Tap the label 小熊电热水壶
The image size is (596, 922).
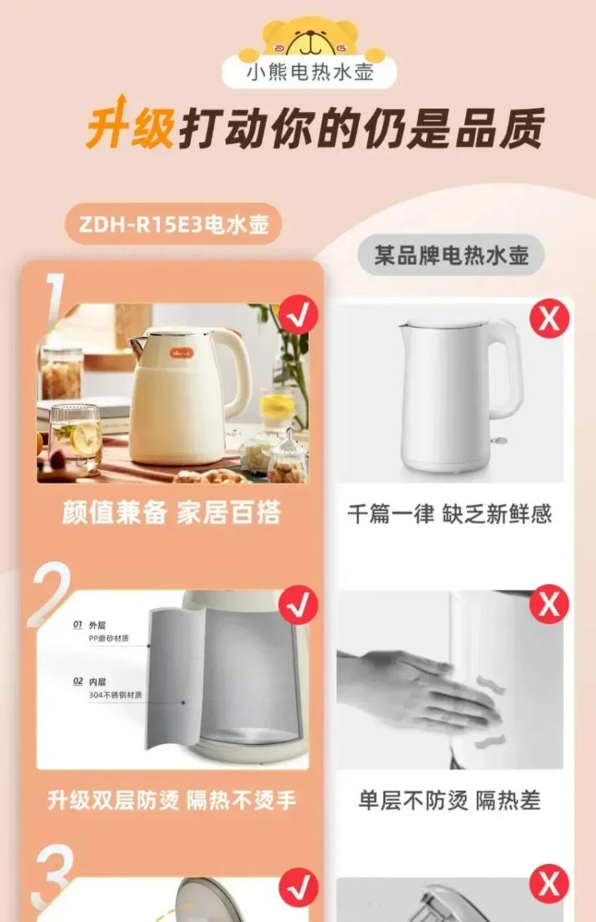click(311, 72)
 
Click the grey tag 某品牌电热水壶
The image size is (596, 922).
click(450, 255)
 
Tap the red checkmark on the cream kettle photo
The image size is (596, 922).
click(298, 316)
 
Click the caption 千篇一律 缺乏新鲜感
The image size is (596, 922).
click(449, 514)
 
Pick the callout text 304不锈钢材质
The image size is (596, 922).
click(115, 695)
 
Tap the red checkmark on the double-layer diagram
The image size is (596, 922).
click(298, 606)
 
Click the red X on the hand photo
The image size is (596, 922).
click(549, 604)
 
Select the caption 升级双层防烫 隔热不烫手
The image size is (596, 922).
click(172, 800)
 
